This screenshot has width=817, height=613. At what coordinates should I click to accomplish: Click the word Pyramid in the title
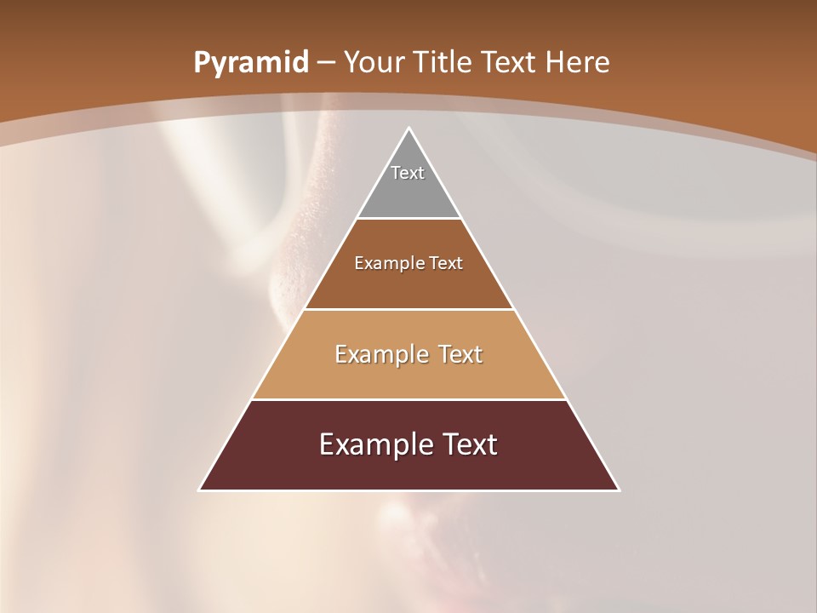(x=251, y=63)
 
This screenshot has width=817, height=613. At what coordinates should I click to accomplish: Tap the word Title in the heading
(x=447, y=63)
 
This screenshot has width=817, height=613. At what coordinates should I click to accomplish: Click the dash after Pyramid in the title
(x=326, y=63)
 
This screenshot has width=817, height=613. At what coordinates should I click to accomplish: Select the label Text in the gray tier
(x=408, y=173)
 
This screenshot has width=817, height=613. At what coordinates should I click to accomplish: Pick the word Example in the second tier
(x=386, y=263)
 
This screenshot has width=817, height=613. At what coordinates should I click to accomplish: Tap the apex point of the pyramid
(x=409, y=129)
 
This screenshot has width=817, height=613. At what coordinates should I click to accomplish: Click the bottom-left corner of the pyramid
(x=200, y=490)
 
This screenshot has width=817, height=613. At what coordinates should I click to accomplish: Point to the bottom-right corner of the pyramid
(x=619, y=490)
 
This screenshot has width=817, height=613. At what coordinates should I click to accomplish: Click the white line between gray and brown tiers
(x=408, y=219)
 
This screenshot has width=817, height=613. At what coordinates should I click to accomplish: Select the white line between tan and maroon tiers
(x=408, y=399)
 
